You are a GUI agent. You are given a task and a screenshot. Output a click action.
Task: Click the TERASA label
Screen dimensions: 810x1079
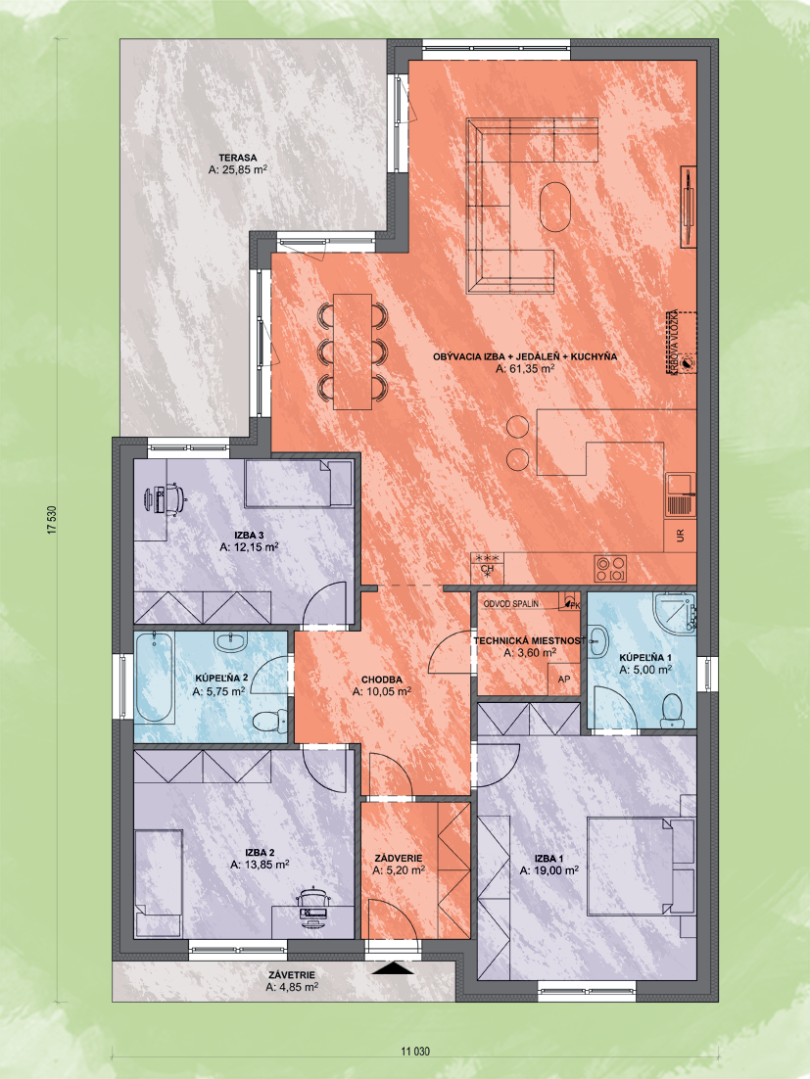238,158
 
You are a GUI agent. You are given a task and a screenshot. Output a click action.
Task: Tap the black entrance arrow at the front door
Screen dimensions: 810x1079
393,968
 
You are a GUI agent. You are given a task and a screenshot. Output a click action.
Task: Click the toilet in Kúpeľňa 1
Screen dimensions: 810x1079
671,711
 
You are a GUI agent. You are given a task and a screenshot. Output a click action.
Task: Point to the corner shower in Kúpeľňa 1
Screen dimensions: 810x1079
676,612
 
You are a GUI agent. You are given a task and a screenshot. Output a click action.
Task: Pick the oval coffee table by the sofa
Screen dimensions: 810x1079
554,207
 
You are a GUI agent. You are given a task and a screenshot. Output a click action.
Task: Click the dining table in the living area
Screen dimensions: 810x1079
353,352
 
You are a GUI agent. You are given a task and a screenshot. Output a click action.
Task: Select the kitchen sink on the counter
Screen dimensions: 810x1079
681,494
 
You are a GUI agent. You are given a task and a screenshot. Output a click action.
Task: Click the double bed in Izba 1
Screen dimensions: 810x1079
640,865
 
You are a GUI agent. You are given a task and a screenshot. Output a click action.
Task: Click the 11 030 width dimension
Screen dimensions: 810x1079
415,1052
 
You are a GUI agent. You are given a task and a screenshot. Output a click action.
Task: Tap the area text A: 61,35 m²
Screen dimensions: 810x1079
525,369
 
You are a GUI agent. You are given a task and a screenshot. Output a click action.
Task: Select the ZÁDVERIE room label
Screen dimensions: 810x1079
399,858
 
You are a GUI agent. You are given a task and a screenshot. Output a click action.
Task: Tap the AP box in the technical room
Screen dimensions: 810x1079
564,680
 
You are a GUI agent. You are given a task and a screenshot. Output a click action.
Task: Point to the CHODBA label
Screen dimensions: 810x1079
381,680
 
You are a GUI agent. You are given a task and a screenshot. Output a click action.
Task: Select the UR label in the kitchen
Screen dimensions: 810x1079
681,536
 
